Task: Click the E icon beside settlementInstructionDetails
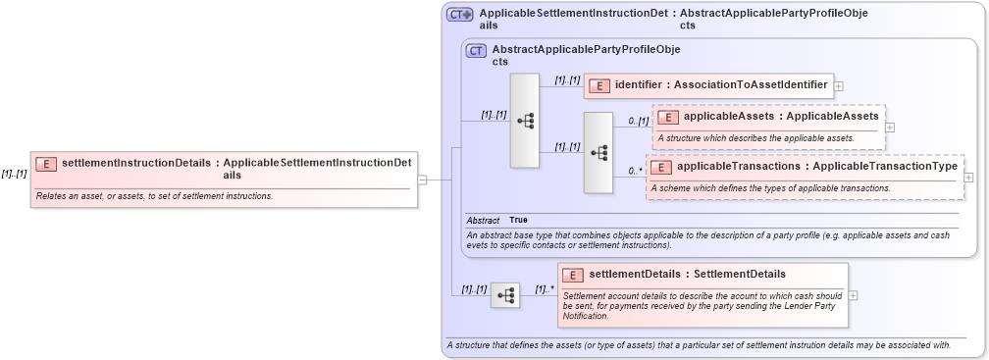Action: click(46, 164)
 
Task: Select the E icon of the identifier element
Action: click(599, 85)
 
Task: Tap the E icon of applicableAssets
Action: click(667, 117)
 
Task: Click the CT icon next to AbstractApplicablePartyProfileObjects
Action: click(476, 50)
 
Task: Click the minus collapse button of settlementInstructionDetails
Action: click(422, 180)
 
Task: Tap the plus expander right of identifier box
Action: click(839, 86)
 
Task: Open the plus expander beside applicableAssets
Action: click(890, 127)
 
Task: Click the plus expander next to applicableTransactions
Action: click(968, 178)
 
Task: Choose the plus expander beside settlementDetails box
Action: click(854, 295)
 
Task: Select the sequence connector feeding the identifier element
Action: click(525, 121)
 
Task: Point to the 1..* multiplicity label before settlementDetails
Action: click(545, 289)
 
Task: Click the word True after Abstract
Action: click(518, 220)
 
